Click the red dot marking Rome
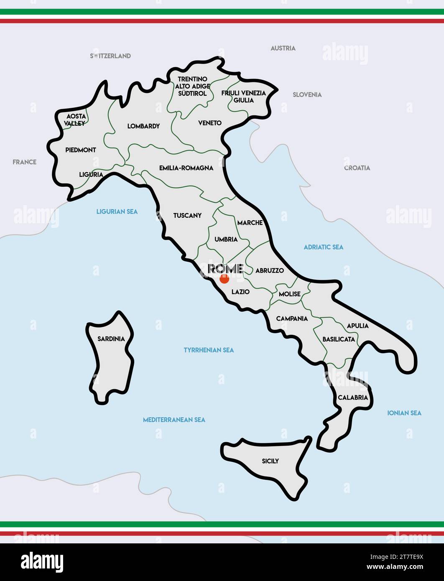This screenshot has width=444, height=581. pos(225,279)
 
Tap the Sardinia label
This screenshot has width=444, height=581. pos(111,339)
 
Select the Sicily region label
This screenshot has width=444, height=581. pos(270,461)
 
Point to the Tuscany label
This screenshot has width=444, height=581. pos(187,216)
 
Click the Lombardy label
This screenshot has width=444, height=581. pos(143,126)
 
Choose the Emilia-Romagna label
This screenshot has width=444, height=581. pos(186,168)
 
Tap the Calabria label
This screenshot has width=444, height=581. pos(353,398)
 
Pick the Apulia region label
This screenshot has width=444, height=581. pos(357,326)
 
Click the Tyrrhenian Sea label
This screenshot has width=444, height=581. pos(209,350)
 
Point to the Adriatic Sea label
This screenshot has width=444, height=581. pos(323,247)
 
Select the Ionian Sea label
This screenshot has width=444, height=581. pos(404,413)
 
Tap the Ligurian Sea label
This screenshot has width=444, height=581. pos(117,212)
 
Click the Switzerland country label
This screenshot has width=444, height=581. pos(110,56)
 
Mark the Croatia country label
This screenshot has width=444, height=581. pos(357,168)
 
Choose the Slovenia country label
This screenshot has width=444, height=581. pos(307,95)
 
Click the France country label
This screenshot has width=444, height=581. pos(24,162)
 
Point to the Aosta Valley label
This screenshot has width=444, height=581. pos(76,120)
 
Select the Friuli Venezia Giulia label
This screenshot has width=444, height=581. pos(243,97)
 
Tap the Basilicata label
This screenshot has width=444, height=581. pos(339,339)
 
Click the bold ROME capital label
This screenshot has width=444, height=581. pos(225,268)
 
